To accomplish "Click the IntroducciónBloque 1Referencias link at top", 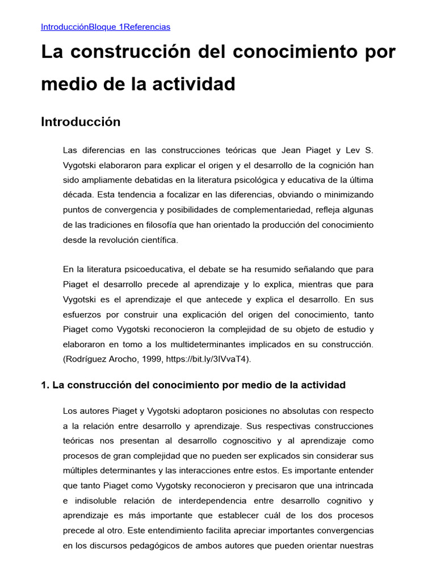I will [x=106, y=27].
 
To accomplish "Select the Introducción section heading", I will [x=81, y=122].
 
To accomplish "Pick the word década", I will [x=77, y=195].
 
